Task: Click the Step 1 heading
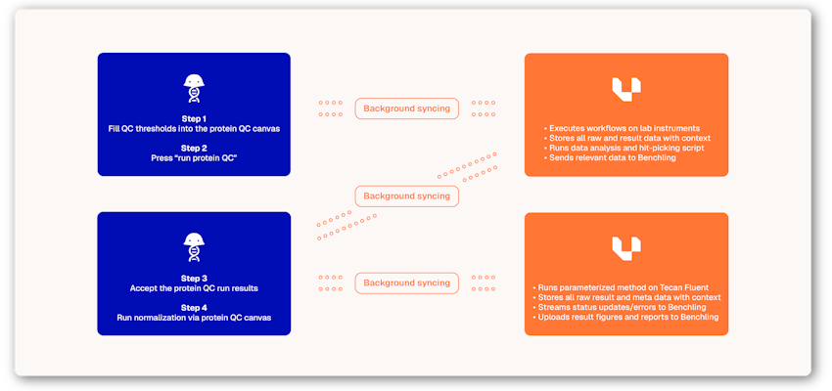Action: [194, 118]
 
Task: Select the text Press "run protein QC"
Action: [194, 157]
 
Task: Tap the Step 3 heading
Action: [194, 279]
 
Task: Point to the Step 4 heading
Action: [194, 308]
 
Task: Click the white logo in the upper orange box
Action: [626, 89]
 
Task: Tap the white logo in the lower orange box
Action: [626, 248]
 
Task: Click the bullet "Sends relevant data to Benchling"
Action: [612, 157]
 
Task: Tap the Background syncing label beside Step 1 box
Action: [406, 109]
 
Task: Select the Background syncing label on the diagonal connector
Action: [406, 196]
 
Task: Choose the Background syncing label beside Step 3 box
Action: [406, 283]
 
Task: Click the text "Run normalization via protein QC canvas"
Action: [194, 319]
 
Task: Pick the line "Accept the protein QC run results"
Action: [194, 289]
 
